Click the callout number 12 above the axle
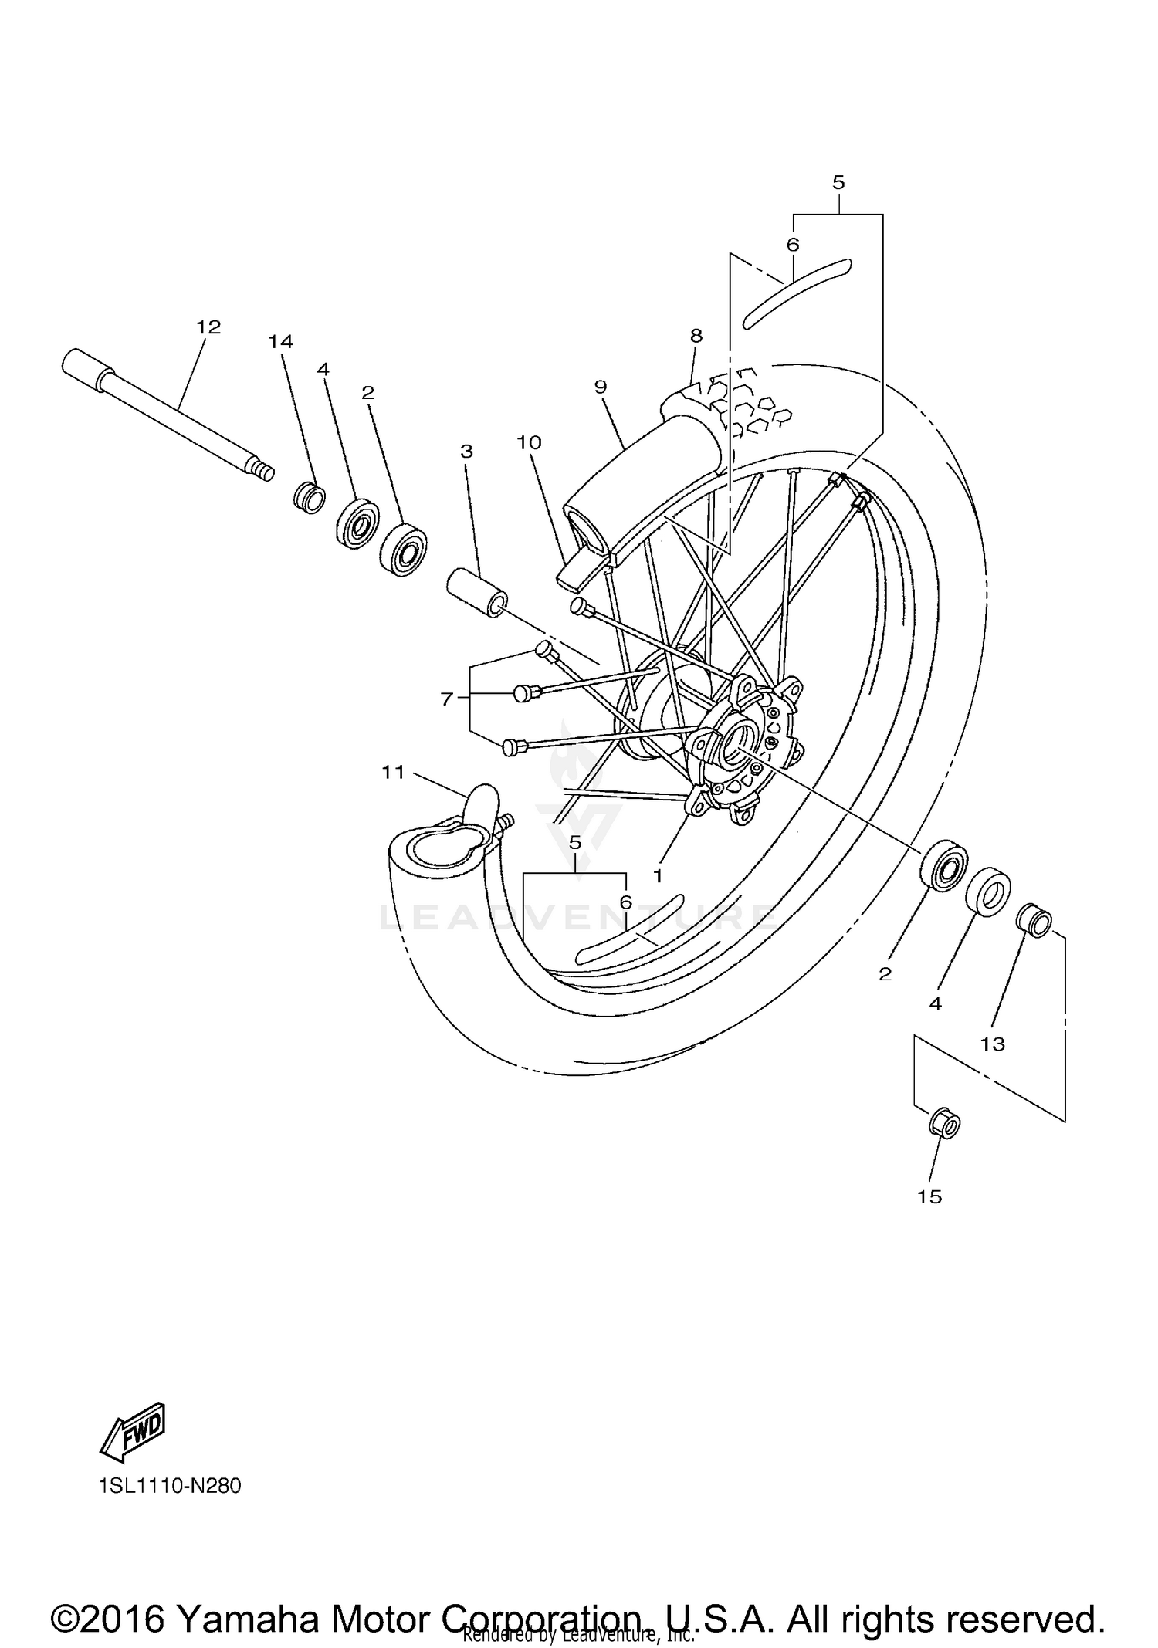point(208,327)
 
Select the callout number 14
point(280,341)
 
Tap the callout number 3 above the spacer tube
point(466,452)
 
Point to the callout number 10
point(530,443)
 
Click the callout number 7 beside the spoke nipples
point(447,699)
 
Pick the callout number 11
point(393,771)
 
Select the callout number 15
point(929,1196)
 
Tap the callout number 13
point(993,1044)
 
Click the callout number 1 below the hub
point(658,876)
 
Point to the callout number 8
point(696,336)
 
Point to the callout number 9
point(601,387)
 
